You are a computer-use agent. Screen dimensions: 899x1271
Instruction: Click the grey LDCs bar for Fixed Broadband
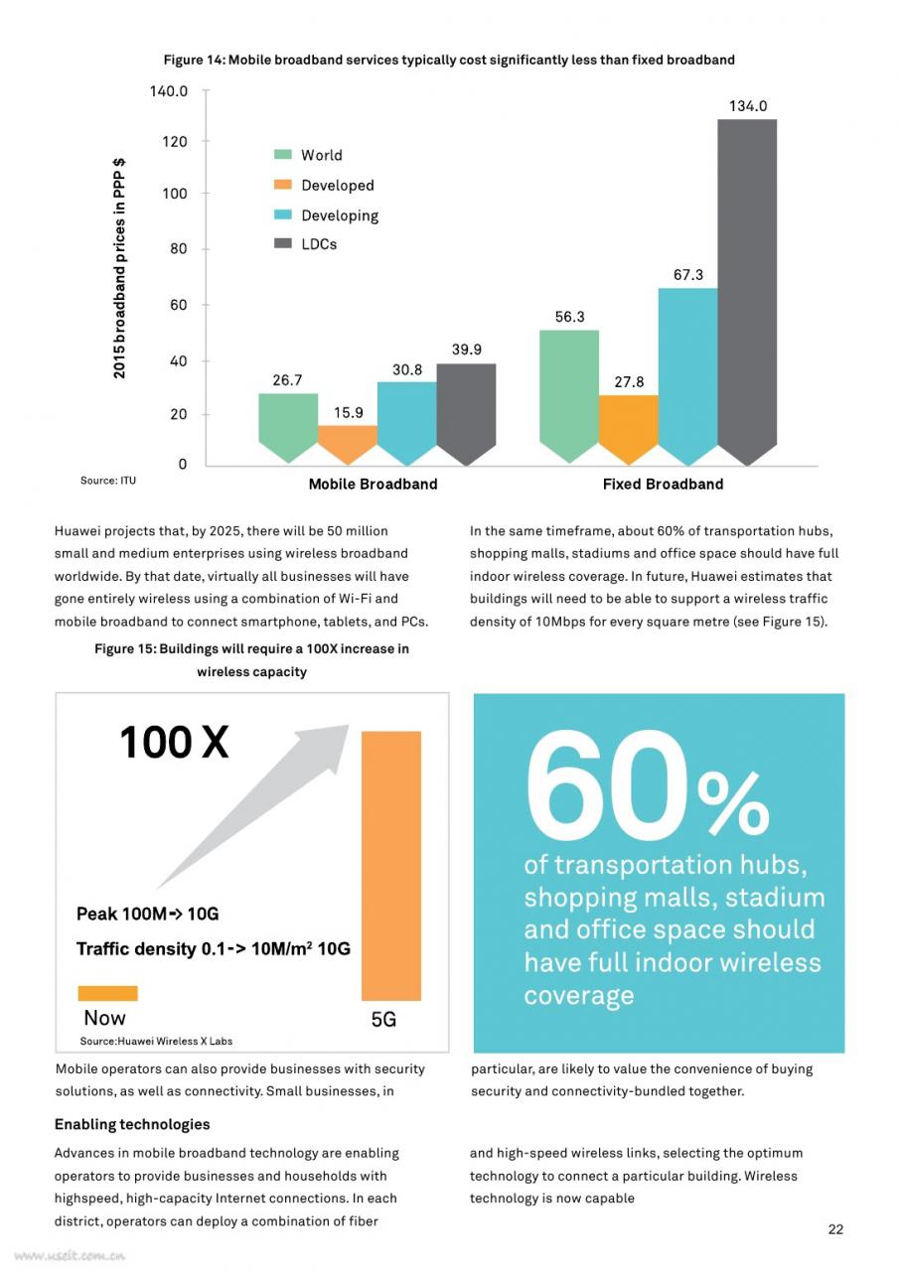tap(747, 292)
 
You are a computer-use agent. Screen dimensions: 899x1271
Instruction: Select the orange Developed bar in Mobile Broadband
tap(348, 444)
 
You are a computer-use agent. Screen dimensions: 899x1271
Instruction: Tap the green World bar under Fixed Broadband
tap(569, 396)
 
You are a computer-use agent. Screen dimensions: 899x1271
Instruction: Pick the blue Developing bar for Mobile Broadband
tap(407, 423)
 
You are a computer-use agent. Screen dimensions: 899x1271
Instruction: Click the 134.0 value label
tap(747, 106)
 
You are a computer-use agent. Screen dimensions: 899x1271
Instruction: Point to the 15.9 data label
tap(348, 412)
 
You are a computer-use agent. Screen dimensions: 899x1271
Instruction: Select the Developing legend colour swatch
tap(283, 214)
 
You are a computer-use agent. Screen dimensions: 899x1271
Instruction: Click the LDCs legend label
tap(319, 244)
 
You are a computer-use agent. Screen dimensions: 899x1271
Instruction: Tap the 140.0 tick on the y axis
tap(169, 90)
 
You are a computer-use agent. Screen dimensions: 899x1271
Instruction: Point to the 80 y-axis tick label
tap(178, 248)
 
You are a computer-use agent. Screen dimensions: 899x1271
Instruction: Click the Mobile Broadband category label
tap(373, 484)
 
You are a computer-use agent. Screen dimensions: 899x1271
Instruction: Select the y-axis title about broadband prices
tap(118, 268)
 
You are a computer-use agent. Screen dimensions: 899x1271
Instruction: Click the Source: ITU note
tap(108, 481)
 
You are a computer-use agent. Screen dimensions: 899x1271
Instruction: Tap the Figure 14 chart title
tap(449, 60)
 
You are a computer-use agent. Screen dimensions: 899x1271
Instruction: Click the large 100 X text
tap(174, 742)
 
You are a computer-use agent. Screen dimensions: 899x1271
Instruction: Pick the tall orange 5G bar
tap(391, 866)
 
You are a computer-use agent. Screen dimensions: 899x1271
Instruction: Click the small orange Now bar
tap(108, 993)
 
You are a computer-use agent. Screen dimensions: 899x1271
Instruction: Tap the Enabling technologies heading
tap(132, 1124)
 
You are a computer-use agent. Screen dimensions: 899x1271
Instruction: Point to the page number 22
tap(835, 1229)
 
